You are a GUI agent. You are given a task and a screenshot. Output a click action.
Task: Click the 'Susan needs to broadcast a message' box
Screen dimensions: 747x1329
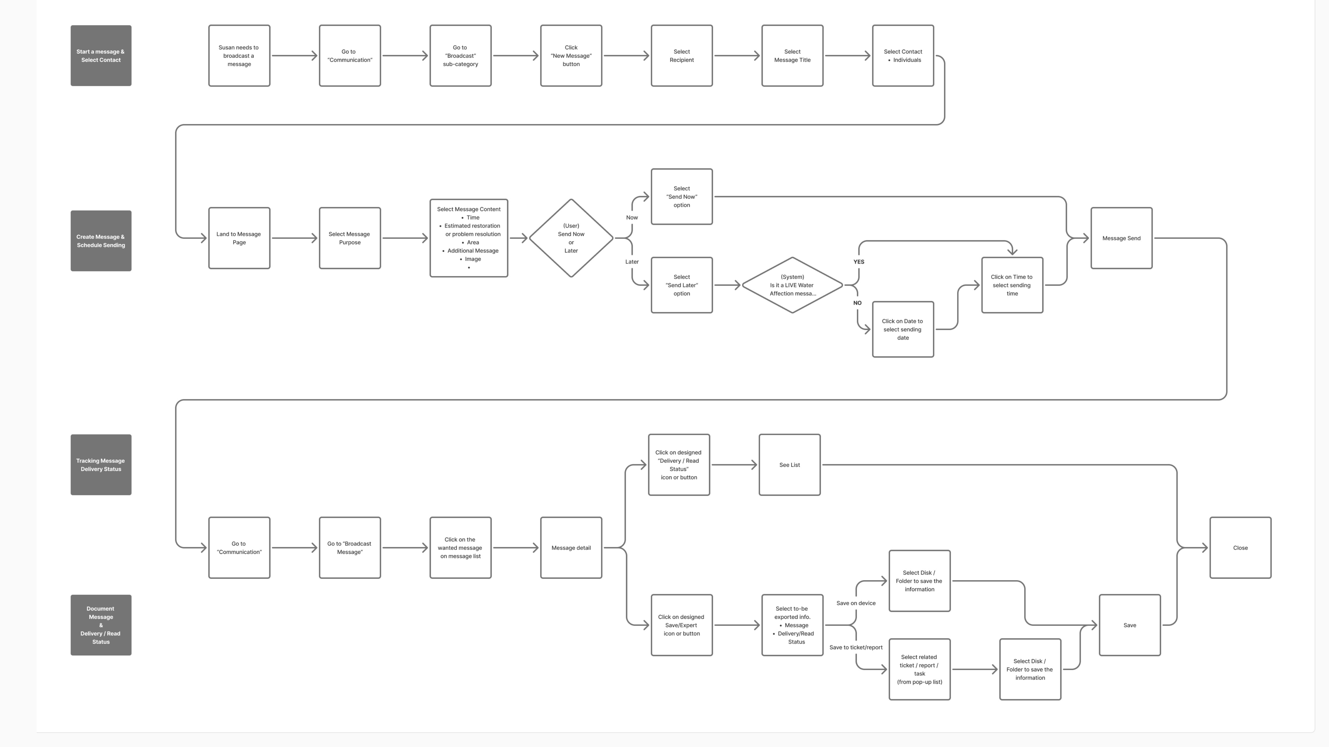(x=239, y=56)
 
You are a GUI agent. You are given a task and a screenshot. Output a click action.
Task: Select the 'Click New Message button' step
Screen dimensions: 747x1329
(x=571, y=56)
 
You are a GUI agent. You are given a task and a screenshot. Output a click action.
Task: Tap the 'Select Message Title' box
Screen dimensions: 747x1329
(x=792, y=56)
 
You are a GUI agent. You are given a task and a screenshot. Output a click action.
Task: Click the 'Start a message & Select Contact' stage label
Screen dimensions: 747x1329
(x=101, y=56)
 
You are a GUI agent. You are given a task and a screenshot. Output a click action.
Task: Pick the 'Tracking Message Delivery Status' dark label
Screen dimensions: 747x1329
(x=101, y=465)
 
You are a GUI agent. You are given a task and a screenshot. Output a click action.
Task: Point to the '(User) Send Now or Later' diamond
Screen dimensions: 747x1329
(x=571, y=238)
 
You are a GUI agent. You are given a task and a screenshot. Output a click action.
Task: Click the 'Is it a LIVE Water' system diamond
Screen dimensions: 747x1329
(x=792, y=285)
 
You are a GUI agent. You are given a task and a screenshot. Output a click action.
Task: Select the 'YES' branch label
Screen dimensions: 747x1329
(x=859, y=262)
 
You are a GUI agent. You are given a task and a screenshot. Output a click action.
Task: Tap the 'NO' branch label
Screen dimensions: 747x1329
(x=857, y=303)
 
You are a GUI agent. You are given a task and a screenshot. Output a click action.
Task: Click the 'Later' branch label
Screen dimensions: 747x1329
(x=632, y=262)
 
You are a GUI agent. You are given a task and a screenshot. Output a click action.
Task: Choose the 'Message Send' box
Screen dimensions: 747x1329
(x=1121, y=238)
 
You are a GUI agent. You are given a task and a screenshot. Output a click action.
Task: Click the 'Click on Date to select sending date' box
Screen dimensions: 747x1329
(x=902, y=329)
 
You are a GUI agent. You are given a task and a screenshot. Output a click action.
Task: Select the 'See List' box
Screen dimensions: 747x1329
(x=789, y=465)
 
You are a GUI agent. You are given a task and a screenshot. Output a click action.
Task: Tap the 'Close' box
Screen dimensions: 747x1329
(x=1240, y=548)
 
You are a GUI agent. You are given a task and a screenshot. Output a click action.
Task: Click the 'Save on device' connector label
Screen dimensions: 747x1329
(x=855, y=603)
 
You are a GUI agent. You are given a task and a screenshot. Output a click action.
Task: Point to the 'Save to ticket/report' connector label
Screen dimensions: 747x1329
(x=855, y=647)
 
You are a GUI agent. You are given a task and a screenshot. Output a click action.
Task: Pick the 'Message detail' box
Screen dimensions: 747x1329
(x=571, y=548)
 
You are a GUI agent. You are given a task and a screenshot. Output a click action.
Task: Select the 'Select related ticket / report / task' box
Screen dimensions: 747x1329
(x=919, y=669)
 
